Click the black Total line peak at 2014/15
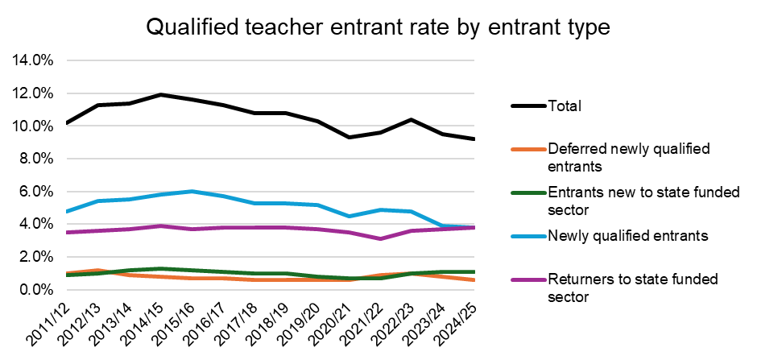162,95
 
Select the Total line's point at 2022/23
412,119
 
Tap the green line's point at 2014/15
162,268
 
